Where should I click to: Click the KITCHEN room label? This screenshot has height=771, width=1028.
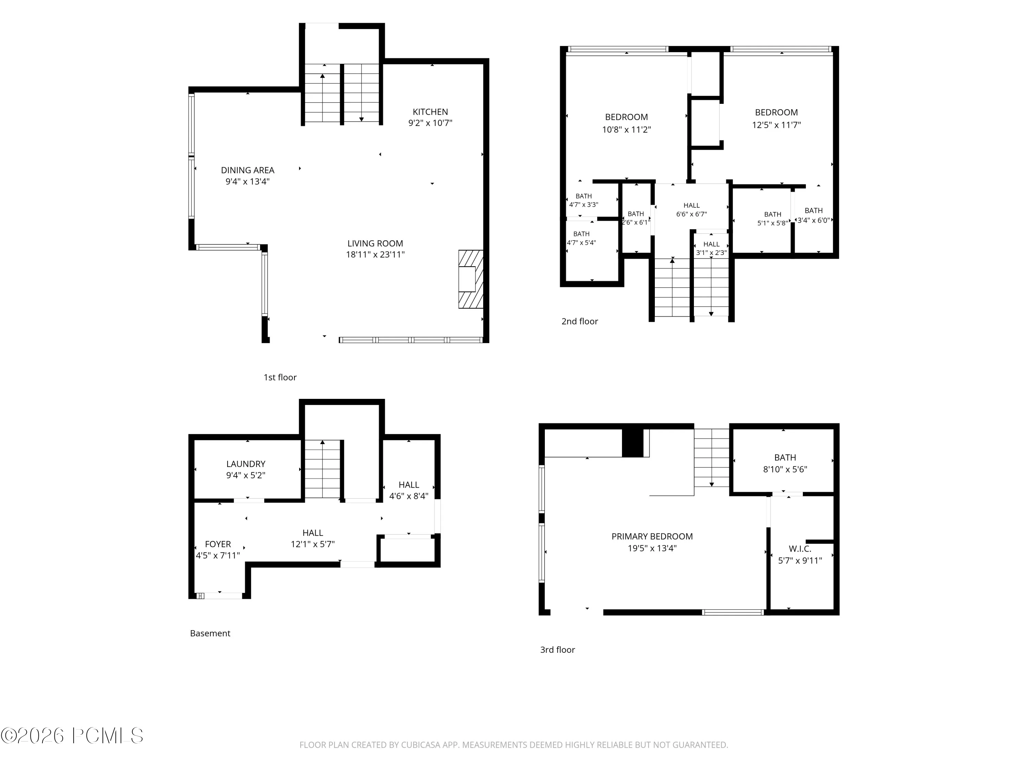click(430, 112)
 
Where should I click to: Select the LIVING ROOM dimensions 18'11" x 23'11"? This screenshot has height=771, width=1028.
click(375, 255)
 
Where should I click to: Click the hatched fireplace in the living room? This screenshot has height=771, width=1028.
click(471, 279)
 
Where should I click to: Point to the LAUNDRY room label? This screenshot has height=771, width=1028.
click(246, 464)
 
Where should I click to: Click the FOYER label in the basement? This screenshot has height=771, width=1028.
click(218, 544)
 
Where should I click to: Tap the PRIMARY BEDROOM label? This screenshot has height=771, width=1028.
click(652, 536)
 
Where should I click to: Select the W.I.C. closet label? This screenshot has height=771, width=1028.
click(800, 549)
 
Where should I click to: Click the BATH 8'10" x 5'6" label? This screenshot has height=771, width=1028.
click(785, 463)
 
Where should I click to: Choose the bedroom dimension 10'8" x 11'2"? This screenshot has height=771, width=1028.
click(626, 130)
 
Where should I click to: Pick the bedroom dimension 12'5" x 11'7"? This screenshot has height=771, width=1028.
click(776, 125)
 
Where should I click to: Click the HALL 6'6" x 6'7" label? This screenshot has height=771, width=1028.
click(692, 210)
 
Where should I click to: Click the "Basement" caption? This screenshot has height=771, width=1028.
click(210, 634)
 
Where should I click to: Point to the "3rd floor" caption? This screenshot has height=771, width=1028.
click(557, 650)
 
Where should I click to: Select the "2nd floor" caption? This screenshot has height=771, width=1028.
click(579, 321)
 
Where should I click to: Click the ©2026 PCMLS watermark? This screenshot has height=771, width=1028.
click(72, 736)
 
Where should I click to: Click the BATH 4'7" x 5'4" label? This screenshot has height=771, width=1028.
click(582, 238)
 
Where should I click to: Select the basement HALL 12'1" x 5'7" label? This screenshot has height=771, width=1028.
click(313, 539)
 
